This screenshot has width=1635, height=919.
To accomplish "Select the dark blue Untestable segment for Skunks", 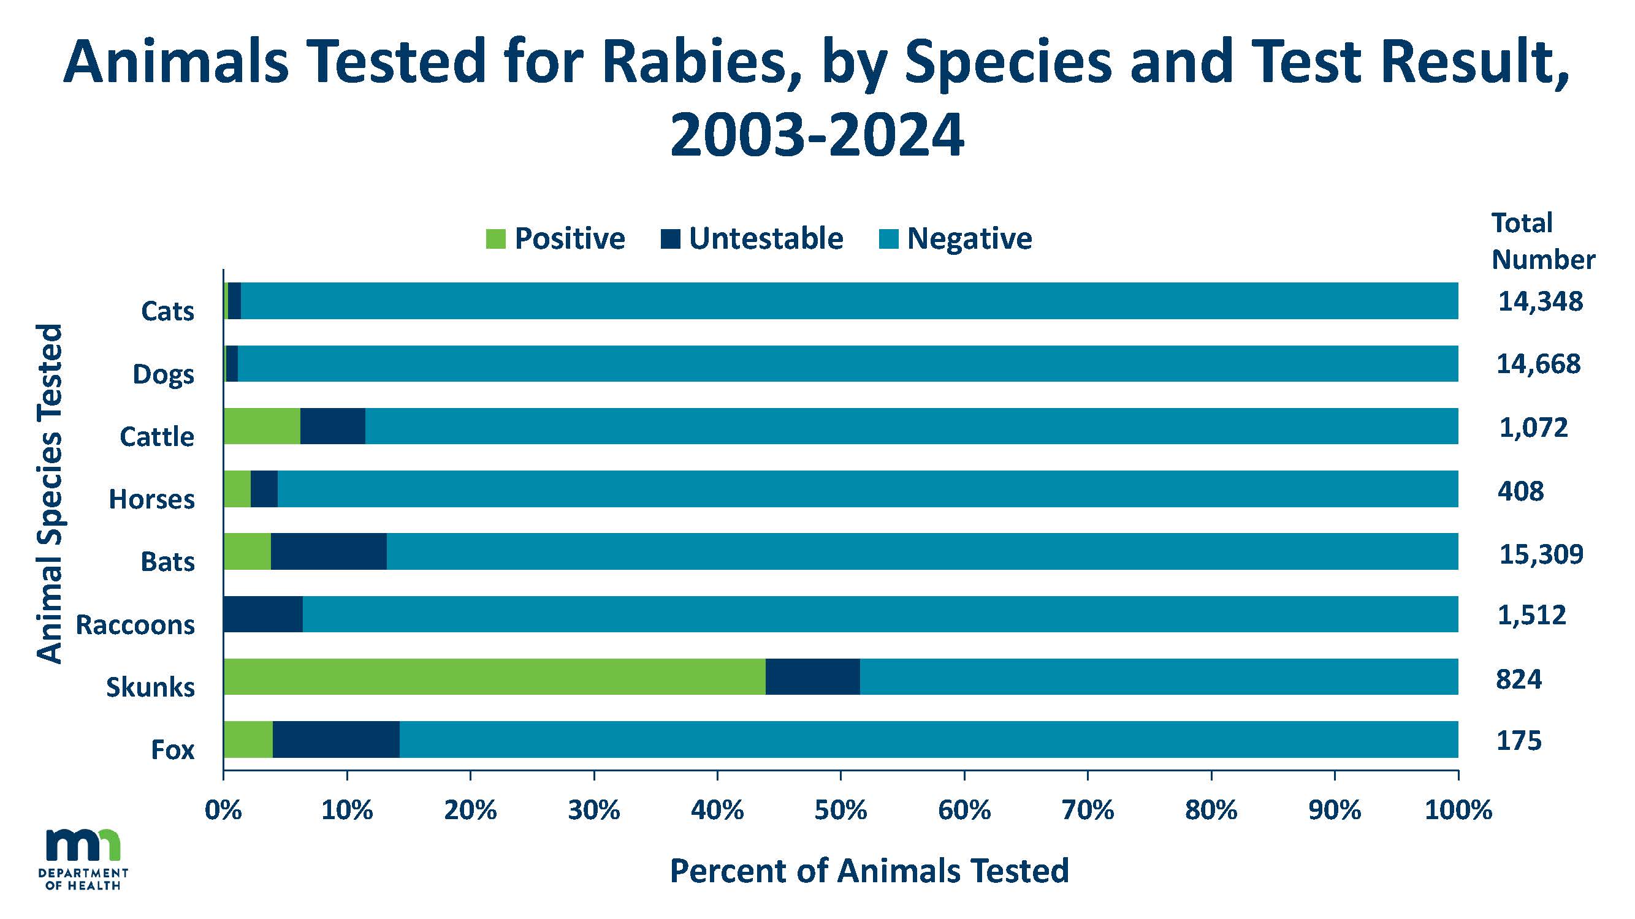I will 812,677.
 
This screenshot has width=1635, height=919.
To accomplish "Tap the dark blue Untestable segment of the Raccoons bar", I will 263,614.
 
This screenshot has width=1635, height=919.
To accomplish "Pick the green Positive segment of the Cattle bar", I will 262,426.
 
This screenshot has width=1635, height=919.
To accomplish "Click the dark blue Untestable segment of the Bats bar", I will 328,551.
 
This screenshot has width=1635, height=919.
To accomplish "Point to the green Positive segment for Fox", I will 248,739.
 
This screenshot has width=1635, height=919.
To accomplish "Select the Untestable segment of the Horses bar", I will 264,488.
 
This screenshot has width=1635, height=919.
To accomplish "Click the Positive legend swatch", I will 495,239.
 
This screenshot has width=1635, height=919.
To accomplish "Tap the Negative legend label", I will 969,239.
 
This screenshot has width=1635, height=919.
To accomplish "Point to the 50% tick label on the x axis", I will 840,811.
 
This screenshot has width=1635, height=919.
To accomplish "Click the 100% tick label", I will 1458,811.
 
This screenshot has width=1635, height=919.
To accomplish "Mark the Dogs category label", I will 163,374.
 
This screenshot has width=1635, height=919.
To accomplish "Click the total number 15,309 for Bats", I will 1541,554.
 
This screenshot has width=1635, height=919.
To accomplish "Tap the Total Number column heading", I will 1542,241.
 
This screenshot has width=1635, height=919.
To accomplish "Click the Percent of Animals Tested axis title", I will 869,871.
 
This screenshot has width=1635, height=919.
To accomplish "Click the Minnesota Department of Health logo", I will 83,860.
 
